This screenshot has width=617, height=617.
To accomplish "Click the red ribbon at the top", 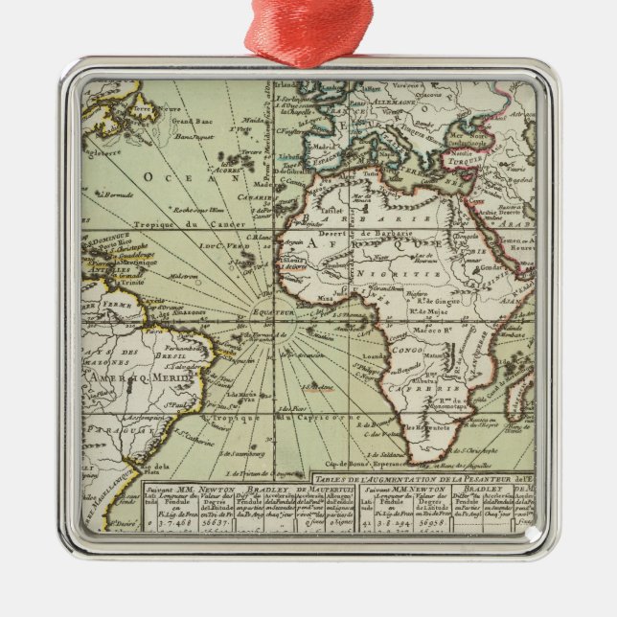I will (x=308, y=29).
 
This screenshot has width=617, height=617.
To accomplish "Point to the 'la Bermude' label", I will (x=116, y=194).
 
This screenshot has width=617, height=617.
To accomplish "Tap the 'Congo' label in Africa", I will (x=408, y=351).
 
